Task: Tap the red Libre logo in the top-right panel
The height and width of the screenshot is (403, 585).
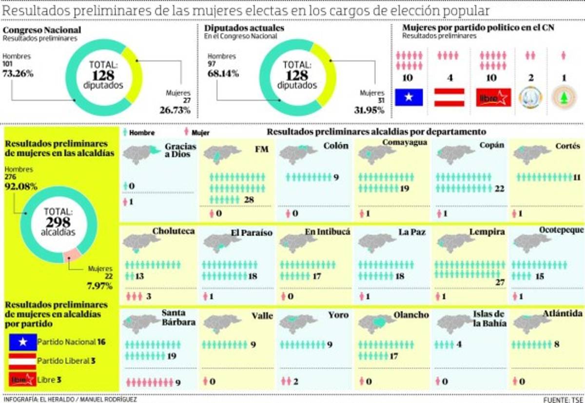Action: [x=493, y=98]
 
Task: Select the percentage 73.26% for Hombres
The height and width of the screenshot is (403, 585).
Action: [x=18, y=74]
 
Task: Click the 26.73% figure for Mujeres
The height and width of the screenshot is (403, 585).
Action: [x=175, y=110]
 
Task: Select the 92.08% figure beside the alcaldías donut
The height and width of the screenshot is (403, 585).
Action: [x=21, y=186]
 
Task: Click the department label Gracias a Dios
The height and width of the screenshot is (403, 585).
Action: [x=180, y=150]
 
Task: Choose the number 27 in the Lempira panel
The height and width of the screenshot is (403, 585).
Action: [x=500, y=282]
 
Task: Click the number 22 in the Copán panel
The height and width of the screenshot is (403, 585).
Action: [x=499, y=189]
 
